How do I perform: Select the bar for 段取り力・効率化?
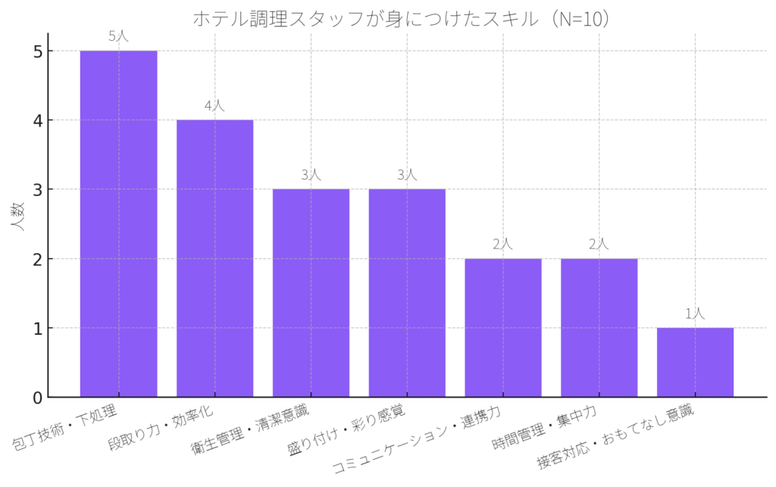pyautogui.click(x=214, y=258)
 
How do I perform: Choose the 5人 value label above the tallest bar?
pyautogui.click(x=119, y=36)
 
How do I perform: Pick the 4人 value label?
pyautogui.click(x=214, y=105)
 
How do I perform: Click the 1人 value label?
pyautogui.click(x=695, y=313)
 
